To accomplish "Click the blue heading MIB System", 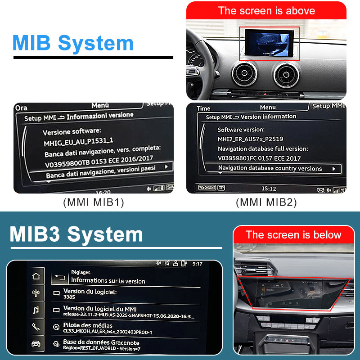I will [73, 43].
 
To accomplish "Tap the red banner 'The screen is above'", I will [266, 11].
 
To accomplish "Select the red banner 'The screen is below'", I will [293, 234].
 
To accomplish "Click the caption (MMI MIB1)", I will [94, 202].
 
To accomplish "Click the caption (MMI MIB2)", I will [266, 202].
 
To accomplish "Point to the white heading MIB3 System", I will [76, 234].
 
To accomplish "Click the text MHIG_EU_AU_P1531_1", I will [78, 143].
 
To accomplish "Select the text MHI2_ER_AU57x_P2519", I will [250, 139].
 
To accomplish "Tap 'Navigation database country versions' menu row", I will [272, 169].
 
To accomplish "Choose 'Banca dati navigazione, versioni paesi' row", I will [102, 170].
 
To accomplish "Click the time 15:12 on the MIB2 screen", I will [269, 189].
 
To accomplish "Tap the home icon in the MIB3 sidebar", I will [36, 276].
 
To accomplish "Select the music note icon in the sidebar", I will [36, 310].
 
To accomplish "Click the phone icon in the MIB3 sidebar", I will [36, 327].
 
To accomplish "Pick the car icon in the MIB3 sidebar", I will [36, 344].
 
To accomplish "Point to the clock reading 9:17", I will [197, 264].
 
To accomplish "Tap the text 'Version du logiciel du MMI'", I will [100, 308].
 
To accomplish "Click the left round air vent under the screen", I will [244, 74].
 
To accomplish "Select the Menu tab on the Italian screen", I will [100, 105].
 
